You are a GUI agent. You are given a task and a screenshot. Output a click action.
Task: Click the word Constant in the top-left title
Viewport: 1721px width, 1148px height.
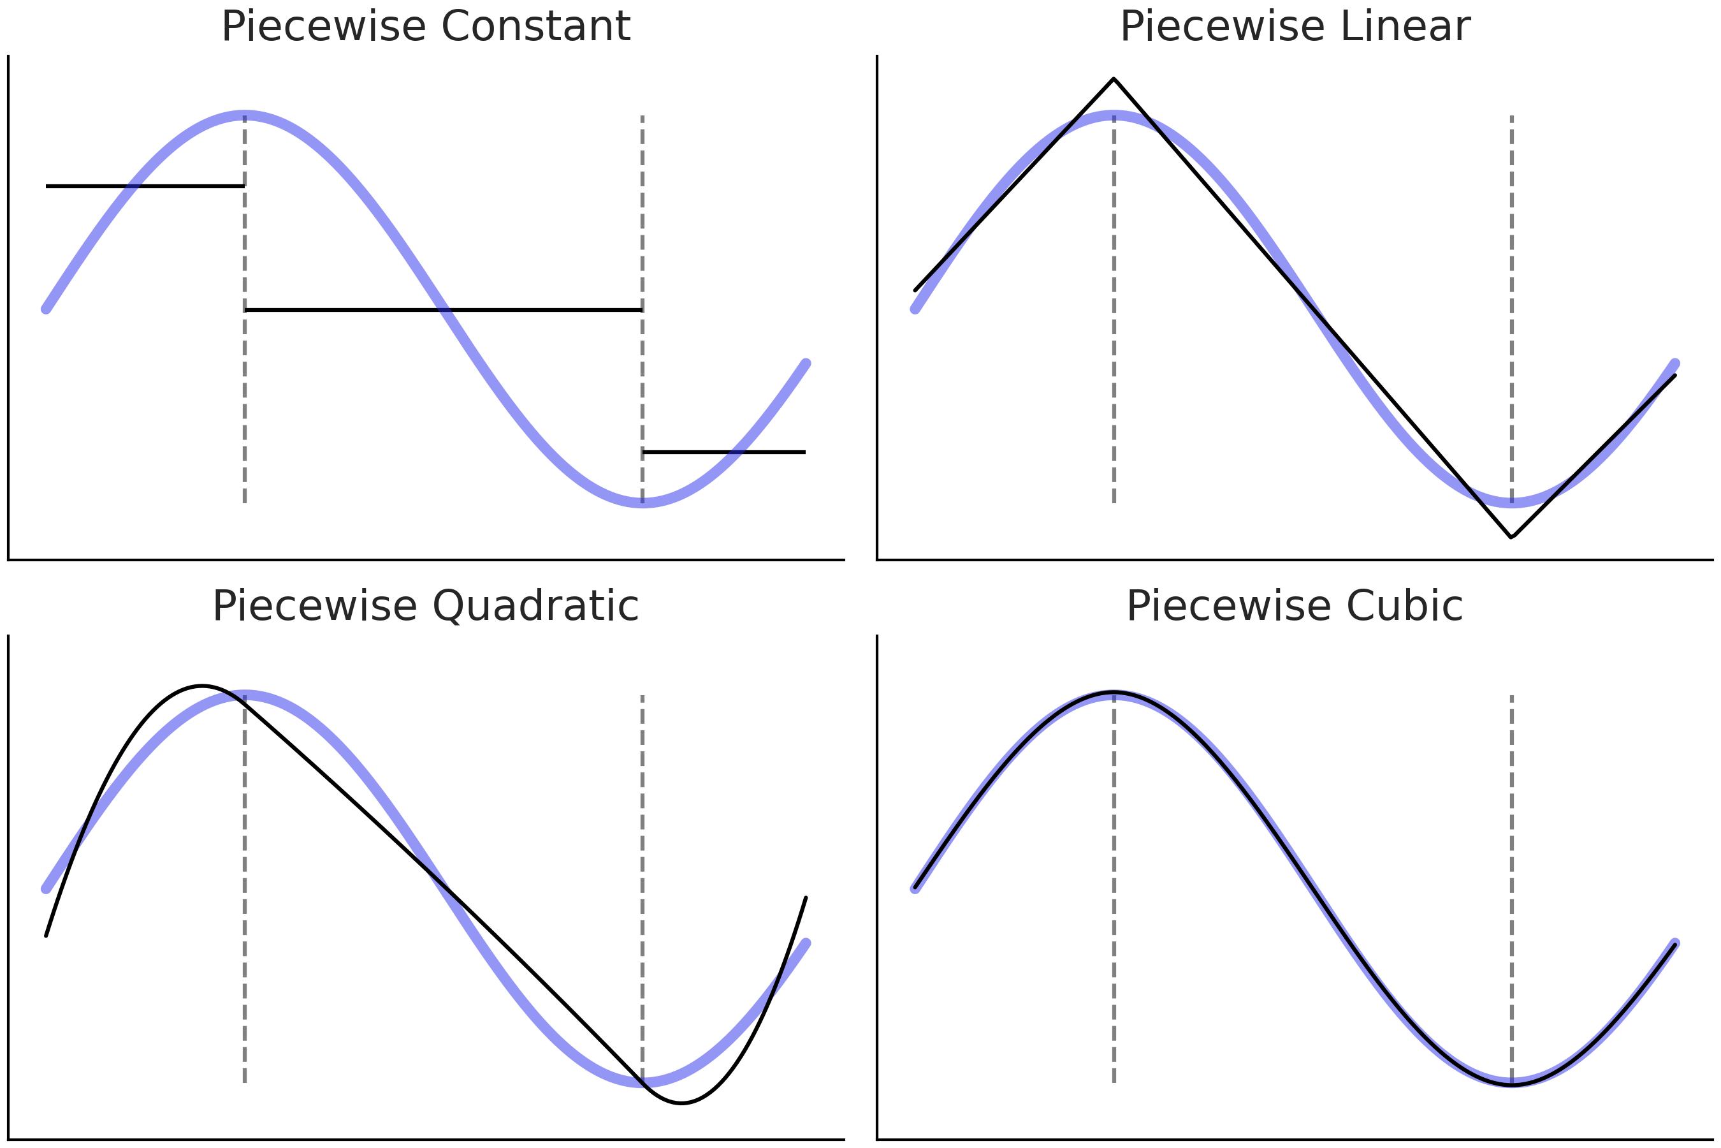click(535, 27)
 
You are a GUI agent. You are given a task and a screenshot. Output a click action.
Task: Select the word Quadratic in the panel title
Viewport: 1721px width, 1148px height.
click(535, 607)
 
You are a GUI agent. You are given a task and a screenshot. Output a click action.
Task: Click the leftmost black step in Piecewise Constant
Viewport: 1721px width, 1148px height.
click(145, 187)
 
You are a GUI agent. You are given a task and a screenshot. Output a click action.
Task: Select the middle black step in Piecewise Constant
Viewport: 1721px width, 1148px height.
click(444, 311)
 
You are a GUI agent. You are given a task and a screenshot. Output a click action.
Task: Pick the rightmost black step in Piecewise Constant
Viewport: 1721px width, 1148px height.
click(723, 452)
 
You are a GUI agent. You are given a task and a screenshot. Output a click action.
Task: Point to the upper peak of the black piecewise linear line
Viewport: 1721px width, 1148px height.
click(1114, 78)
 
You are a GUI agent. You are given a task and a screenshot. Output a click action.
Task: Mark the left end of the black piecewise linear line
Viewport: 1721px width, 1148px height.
click(915, 291)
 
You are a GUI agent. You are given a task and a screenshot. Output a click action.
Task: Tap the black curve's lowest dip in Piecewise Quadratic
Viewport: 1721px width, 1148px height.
click(681, 1103)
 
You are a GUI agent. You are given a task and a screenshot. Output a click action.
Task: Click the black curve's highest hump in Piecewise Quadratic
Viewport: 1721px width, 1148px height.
click(202, 686)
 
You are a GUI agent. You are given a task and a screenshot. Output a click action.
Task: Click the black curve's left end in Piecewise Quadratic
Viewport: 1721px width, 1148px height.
click(46, 936)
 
